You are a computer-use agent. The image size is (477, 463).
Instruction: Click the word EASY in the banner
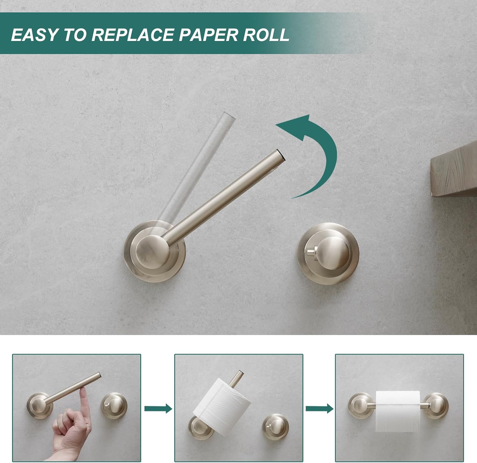[x=34, y=35]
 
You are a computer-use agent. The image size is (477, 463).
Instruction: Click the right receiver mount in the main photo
[x=328, y=251]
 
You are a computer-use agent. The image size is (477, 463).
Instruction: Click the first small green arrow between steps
[x=158, y=409]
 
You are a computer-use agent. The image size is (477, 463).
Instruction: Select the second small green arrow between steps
[x=319, y=409]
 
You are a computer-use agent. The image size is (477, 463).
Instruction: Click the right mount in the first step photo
[x=114, y=405]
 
